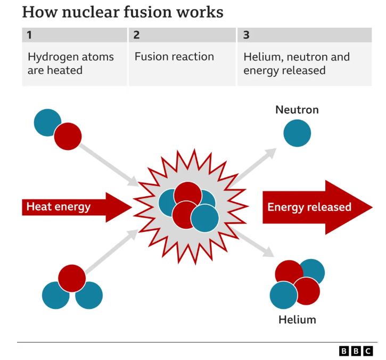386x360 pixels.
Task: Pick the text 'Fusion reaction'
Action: click(174, 57)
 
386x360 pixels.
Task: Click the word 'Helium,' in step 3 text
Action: click(264, 57)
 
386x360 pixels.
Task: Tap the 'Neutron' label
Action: click(297, 110)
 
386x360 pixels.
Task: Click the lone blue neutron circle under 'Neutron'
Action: click(297, 133)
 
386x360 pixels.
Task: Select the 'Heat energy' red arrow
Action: click(77, 207)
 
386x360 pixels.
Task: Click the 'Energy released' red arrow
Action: click(317, 207)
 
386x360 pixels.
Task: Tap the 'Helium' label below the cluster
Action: click(297, 320)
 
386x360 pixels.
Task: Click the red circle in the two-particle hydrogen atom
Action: click(68, 136)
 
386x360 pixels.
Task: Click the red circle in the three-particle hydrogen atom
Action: click(72, 278)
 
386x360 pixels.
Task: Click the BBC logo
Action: click(356, 351)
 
